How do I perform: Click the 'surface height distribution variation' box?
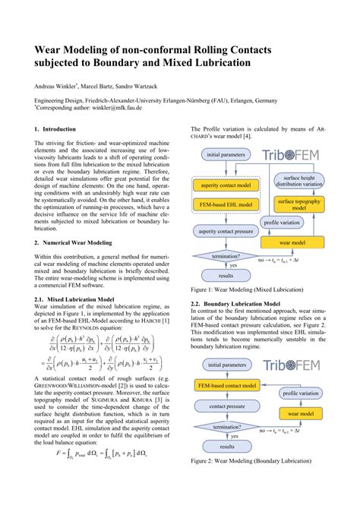click(298, 182)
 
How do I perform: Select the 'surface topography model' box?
click(298, 204)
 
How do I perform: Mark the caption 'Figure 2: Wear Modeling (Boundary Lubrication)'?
click(255, 482)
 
